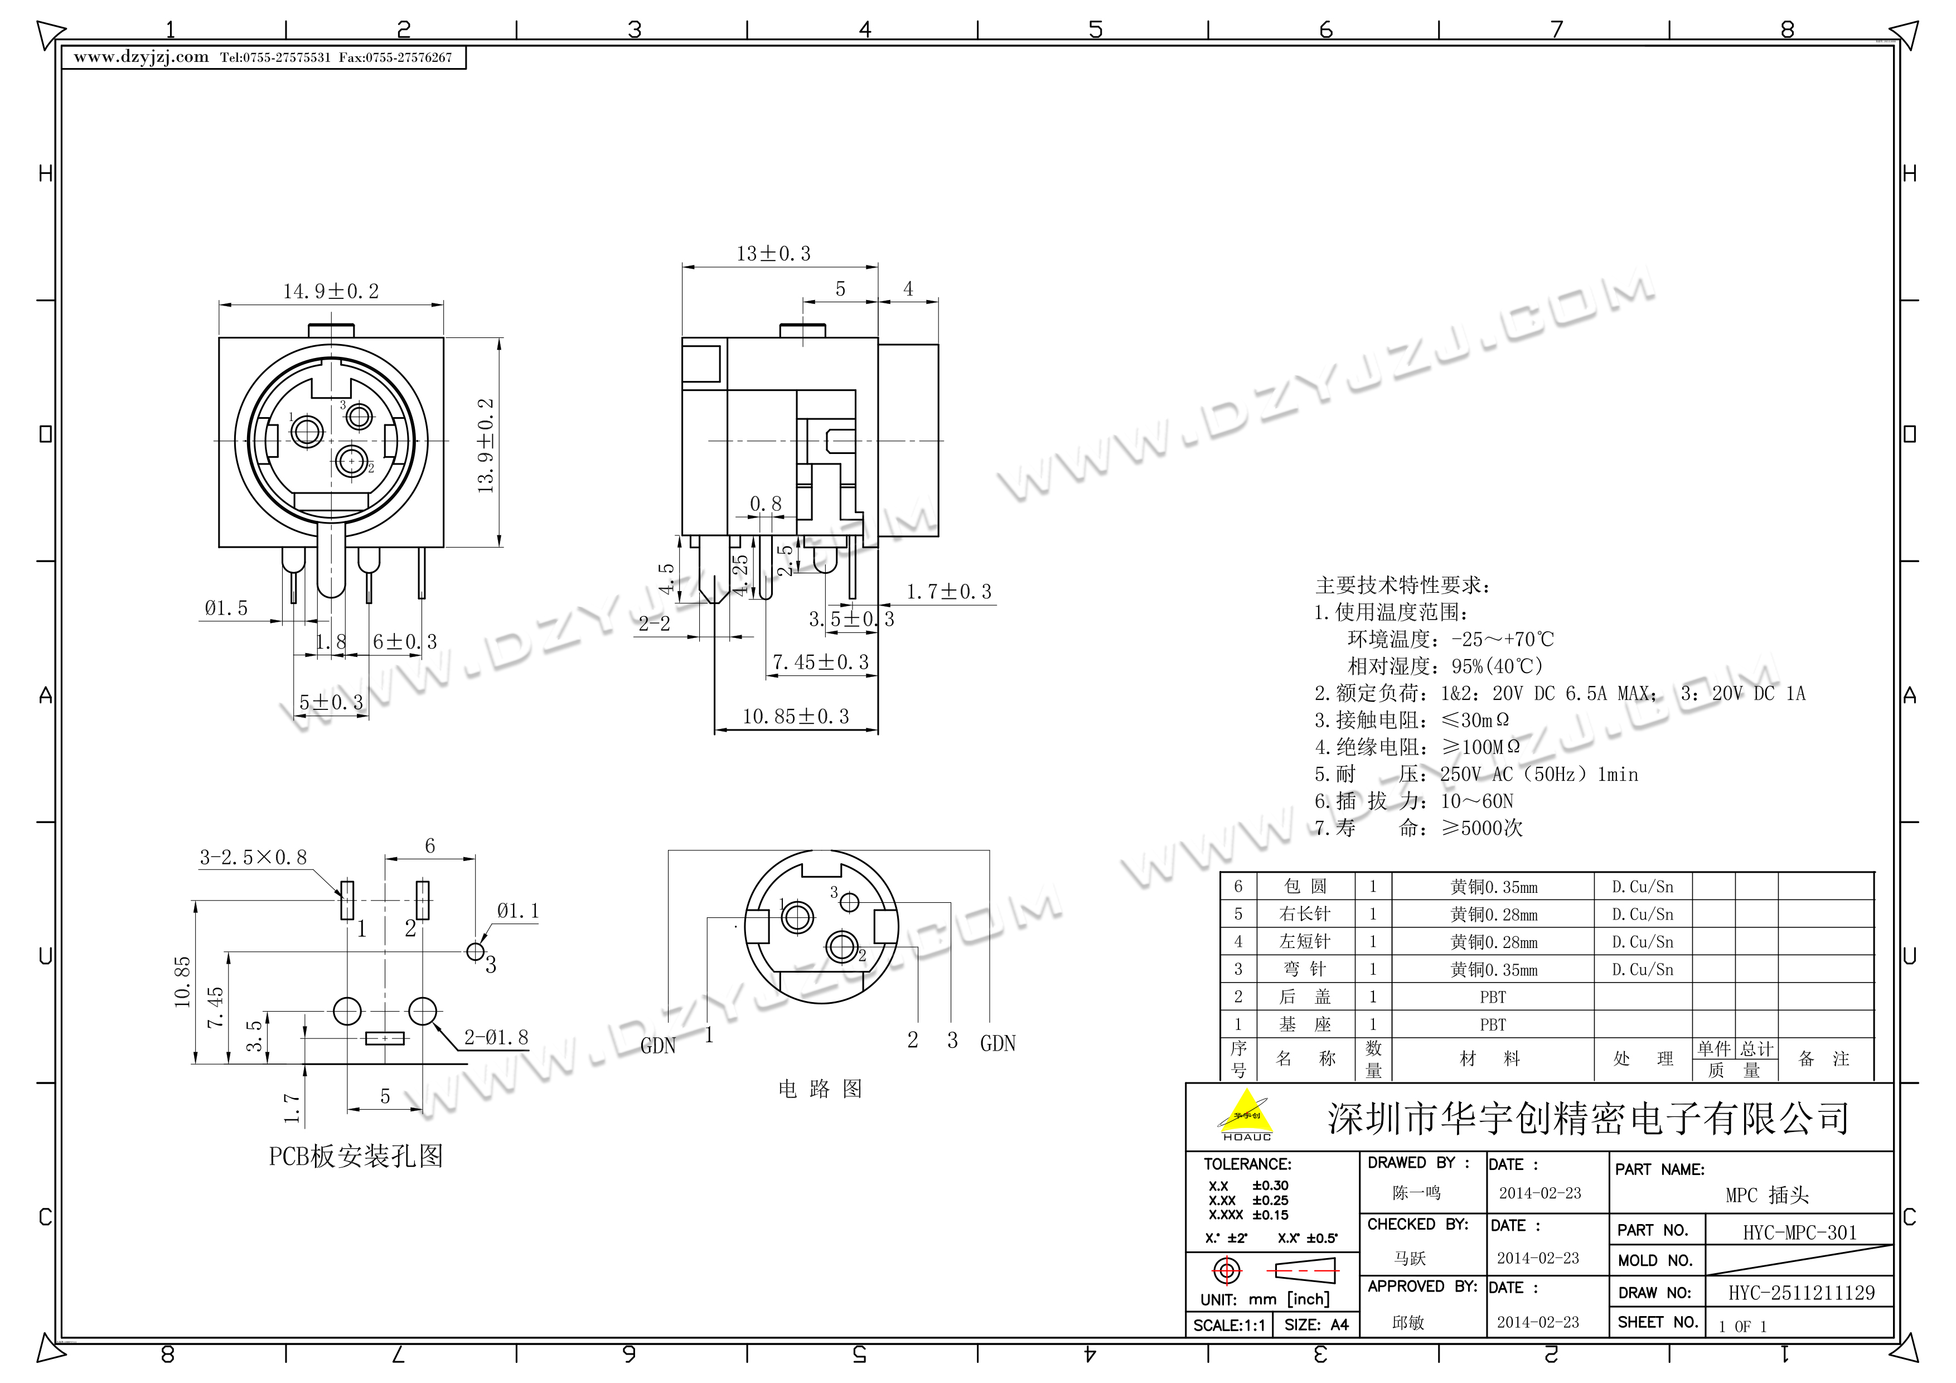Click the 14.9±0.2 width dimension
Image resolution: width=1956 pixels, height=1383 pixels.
coord(331,292)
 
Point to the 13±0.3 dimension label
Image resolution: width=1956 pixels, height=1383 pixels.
coord(773,254)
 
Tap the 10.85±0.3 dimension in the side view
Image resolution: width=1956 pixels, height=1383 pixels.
coord(796,717)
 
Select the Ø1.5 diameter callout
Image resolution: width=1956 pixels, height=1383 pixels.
coord(226,608)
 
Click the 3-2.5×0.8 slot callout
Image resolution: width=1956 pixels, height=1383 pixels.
coord(253,857)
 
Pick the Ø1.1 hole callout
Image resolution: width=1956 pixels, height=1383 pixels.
coord(518,911)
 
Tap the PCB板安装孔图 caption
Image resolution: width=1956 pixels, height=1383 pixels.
coord(356,1157)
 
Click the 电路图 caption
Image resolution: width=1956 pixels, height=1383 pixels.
coord(820,1089)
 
